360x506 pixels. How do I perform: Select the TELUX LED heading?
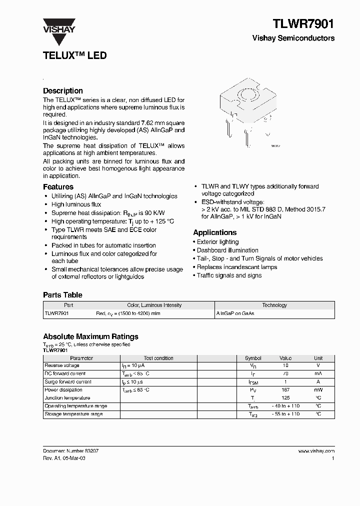[74, 55]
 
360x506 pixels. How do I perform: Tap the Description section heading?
[62, 90]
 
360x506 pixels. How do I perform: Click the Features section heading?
[58, 186]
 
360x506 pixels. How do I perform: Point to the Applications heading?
[214, 232]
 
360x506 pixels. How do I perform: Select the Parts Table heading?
[62, 295]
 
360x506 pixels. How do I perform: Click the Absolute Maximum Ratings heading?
[90, 336]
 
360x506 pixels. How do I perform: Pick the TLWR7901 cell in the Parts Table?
[56, 313]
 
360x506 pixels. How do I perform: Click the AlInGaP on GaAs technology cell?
[235, 313]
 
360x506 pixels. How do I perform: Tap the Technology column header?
[274, 305]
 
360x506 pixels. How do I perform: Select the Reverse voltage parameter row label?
[62, 365]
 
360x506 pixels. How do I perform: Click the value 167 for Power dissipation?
[285, 390]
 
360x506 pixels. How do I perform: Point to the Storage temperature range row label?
[73, 414]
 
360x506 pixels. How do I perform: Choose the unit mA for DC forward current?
[318, 373]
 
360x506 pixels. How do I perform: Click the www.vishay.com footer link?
[316, 450]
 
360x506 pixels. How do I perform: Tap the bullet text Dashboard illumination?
[227, 250]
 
